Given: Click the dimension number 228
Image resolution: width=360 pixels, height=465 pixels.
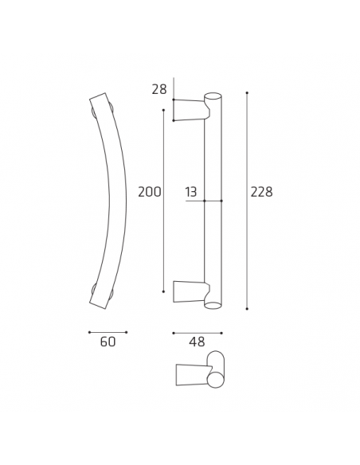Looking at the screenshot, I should (x=261, y=192).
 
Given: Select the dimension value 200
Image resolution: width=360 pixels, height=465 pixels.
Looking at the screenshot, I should (x=149, y=192).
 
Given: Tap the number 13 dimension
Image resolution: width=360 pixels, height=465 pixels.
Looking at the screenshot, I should (x=191, y=192).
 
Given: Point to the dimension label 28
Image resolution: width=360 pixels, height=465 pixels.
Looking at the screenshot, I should (x=158, y=89).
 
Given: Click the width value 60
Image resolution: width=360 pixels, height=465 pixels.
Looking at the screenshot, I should (x=108, y=342).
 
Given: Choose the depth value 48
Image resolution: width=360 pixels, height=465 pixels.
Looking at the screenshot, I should (x=197, y=342).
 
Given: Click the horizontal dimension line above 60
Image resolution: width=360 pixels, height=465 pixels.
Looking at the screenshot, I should (x=108, y=331).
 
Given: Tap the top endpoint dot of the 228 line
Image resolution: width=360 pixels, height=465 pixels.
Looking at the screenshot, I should (x=247, y=93).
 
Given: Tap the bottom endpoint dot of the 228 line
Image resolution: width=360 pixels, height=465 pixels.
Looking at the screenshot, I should (x=247, y=308).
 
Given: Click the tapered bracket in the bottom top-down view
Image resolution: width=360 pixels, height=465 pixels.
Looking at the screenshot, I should (x=190, y=373).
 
